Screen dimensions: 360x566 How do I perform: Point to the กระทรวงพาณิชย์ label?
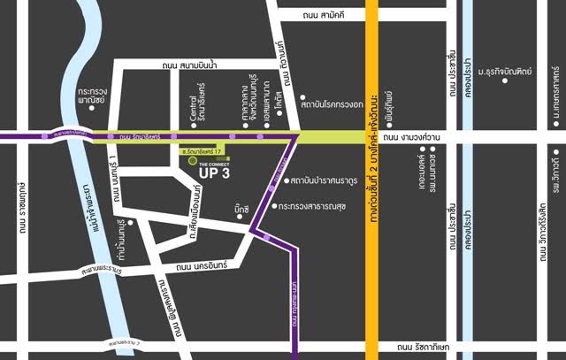91,96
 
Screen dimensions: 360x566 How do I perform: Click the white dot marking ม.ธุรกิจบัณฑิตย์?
506,80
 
